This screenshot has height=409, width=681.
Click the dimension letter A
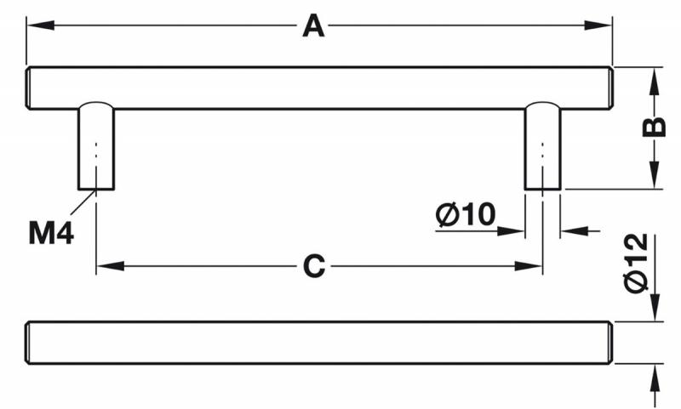click(314, 27)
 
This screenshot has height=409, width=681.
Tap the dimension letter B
click(653, 128)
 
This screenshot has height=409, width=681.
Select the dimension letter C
click(315, 266)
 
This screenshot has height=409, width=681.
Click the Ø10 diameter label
click(465, 215)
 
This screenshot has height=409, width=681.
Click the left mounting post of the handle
click(96, 146)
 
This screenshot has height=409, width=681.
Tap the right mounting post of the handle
click(542, 146)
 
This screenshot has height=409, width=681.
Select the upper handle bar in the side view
click(319, 88)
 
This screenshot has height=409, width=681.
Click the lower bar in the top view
click(319, 343)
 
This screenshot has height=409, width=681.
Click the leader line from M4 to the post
click(83, 203)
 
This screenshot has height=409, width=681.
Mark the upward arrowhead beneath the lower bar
click(654, 375)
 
